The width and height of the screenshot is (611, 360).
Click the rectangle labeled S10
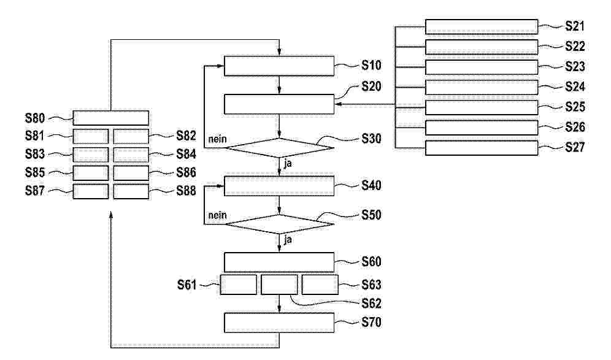click(279, 66)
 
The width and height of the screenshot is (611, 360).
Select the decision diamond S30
click(279, 148)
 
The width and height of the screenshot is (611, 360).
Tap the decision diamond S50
click(279, 224)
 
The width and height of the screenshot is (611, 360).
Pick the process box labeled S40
click(279, 185)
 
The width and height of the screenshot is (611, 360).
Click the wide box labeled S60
click(279, 262)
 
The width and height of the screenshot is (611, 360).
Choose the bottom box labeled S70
click(279, 323)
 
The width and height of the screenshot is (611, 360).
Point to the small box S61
click(239, 285)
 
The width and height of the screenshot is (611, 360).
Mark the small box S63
click(320, 285)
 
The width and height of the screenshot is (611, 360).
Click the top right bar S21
click(482, 26)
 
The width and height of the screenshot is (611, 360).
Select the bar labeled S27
click(482, 148)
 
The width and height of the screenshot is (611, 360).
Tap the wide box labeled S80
click(110, 118)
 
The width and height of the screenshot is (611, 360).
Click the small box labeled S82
click(131, 136)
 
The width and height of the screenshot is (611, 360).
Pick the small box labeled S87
click(91, 191)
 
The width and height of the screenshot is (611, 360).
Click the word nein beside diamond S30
click(217, 139)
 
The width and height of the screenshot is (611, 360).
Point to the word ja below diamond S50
click(288, 240)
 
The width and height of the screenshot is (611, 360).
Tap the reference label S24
click(575, 86)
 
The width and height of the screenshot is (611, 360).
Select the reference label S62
click(371, 303)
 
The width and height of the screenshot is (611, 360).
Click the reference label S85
click(35, 172)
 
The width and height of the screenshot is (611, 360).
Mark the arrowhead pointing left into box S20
click(338, 104)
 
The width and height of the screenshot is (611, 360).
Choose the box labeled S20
click(279, 104)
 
